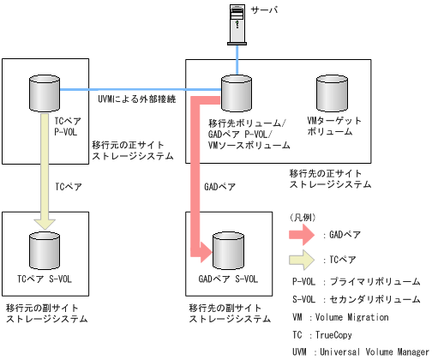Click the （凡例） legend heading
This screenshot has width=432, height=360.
click(x=305, y=216)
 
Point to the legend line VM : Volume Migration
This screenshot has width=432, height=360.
click(x=340, y=317)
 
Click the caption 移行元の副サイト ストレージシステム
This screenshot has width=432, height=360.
click(x=46, y=313)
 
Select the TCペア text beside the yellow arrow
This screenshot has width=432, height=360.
click(x=68, y=185)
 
